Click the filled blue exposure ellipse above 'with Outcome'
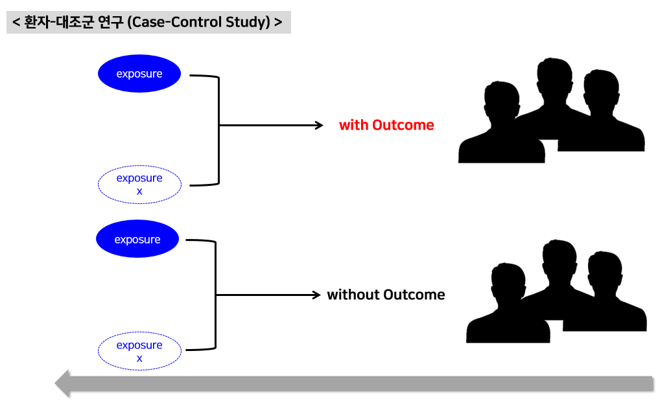point(139,74)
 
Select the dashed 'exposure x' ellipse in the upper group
point(139,185)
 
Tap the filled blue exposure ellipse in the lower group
point(137,240)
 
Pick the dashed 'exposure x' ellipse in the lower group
point(139,352)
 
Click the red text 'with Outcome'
point(386,125)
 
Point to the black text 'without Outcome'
point(386,295)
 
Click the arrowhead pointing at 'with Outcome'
point(318,125)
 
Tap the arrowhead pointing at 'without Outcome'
point(316,295)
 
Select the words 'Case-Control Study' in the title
point(198,22)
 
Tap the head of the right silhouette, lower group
point(604,271)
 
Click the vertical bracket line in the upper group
point(218,130)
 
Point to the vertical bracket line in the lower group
point(215,295)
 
